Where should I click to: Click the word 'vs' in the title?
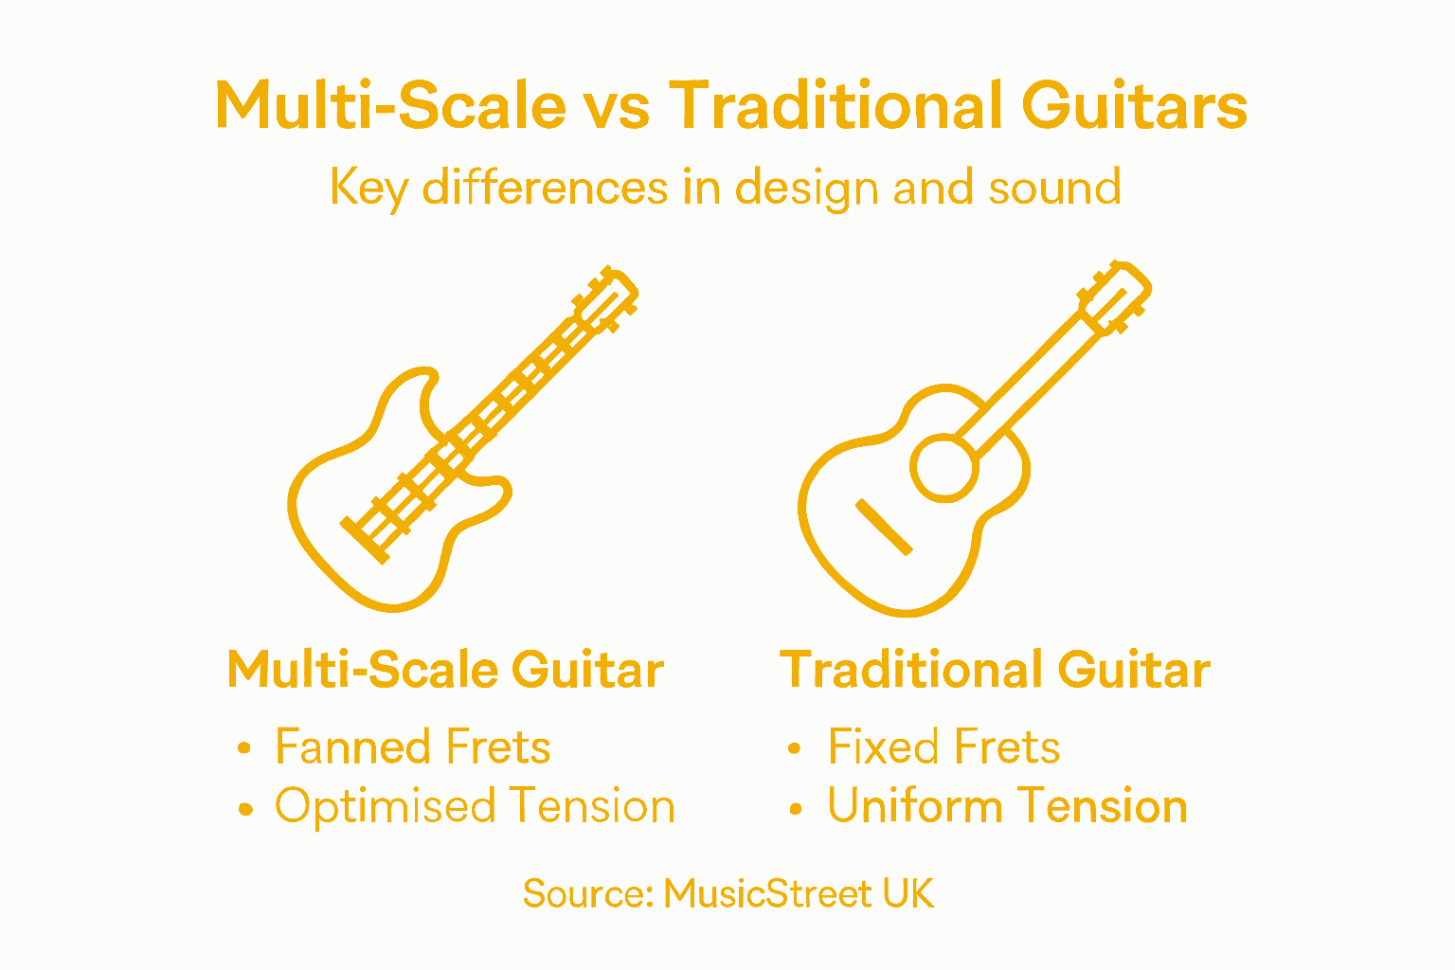(x=617, y=105)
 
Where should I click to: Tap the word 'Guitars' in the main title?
(x=1135, y=105)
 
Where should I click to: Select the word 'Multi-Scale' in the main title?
(x=390, y=105)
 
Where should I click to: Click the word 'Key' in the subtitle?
(x=368, y=189)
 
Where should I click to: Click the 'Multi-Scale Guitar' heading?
(x=445, y=670)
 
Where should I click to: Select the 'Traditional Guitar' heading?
(x=995, y=670)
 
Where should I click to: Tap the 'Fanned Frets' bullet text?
(x=413, y=746)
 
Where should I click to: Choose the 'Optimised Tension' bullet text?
(x=475, y=806)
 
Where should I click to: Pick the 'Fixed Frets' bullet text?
(x=943, y=746)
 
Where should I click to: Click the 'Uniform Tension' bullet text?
(x=1007, y=806)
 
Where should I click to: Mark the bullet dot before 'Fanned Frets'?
(x=245, y=748)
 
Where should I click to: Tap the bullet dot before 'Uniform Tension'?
(x=796, y=808)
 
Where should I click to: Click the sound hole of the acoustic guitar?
(x=943, y=466)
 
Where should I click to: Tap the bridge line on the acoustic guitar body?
(x=884, y=527)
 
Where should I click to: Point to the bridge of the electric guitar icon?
(x=366, y=541)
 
